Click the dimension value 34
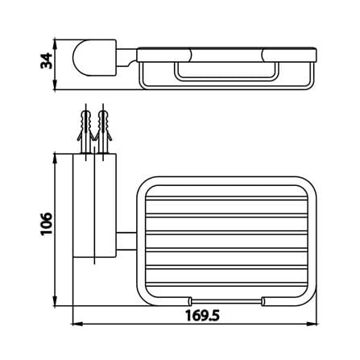point(46,61)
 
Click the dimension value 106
point(46,224)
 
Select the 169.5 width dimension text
point(203,316)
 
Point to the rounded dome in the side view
point(81,58)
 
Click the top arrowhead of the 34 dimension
point(55,43)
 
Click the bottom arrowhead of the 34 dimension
point(55,85)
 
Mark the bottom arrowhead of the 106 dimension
point(56,300)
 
